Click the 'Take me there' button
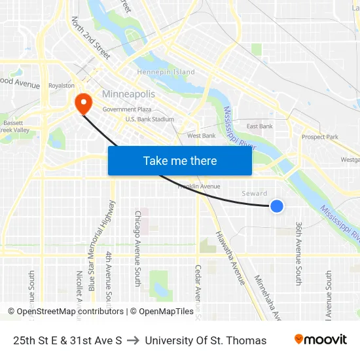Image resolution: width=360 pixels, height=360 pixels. (x=180, y=161)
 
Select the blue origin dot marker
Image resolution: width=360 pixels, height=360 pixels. (x=277, y=206)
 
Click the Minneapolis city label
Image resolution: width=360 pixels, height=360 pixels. (x=128, y=94)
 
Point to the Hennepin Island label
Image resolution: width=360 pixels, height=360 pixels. (x=166, y=72)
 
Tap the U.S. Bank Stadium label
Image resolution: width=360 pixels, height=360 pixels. (x=150, y=119)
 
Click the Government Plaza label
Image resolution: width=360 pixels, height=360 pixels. (x=127, y=109)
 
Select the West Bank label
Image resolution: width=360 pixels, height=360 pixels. (x=201, y=135)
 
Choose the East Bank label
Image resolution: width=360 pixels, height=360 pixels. (x=260, y=126)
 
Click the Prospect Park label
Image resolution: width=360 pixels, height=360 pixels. (x=319, y=137)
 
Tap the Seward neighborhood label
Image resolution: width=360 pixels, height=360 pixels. (x=255, y=194)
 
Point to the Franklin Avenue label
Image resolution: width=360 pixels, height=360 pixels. (x=199, y=186)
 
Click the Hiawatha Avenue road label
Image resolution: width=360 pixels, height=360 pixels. (x=230, y=259)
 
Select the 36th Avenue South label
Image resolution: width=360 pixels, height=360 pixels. (x=298, y=253)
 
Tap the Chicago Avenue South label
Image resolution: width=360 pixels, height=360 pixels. (x=137, y=248)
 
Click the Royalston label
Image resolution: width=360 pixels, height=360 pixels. (x=62, y=85)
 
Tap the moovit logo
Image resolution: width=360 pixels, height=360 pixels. (x=320, y=340)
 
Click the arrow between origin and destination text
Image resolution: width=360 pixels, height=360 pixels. (x=133, y=340)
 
